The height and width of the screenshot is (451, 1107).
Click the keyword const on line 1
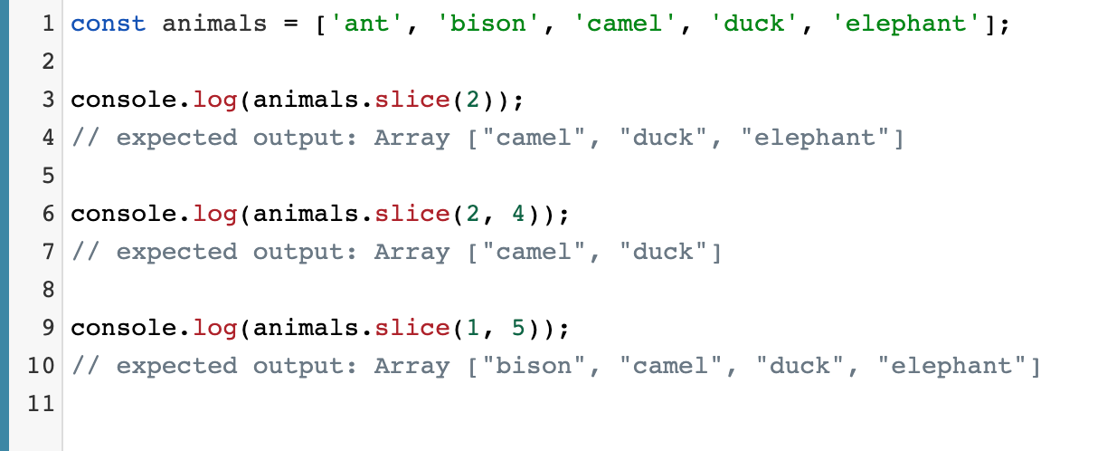click(108, 24)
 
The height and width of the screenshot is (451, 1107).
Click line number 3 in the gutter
click(48, 100)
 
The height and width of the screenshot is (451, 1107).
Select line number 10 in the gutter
click(43, 366)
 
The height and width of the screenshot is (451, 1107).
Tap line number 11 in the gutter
click(43, 404)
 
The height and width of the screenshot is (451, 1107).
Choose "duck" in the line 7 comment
click(664, 252)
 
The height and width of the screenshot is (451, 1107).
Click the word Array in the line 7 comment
click(412, 252)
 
